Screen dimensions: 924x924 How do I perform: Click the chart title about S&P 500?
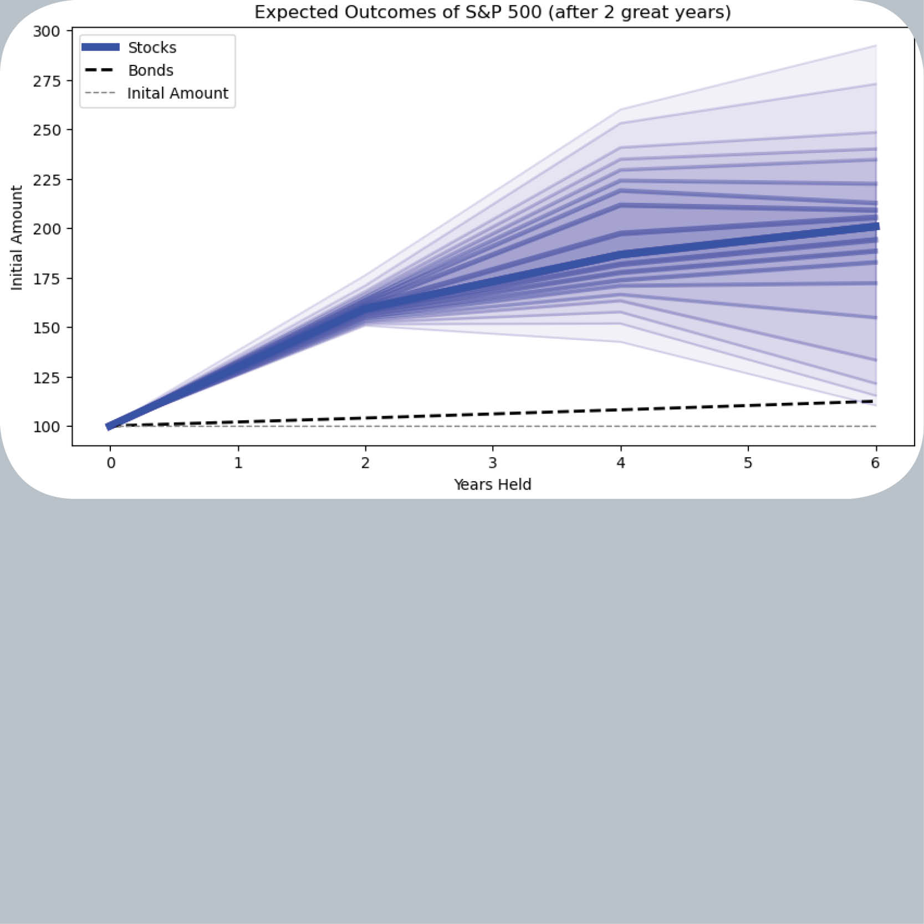pyautogui.click(x=492, y=12)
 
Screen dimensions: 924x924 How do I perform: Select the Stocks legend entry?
pyautogui.click(x=152, y=48)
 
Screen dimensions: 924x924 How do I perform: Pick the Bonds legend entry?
pyautogui.click(x=150, y=70)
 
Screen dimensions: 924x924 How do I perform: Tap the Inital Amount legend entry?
pyautogui.click(x=177, y=93)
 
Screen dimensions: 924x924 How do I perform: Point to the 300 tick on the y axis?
pyautogui.click(x=47, y=31)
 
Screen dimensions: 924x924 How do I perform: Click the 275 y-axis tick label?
pyautogui.click(x=47, y=81)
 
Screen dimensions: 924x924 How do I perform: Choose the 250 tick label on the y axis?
pyautogui.click(x=47, y=130)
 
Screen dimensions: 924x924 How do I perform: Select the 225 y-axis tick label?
pyautogui.click(x=47, y=180)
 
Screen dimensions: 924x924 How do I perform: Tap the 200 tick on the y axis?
pyautogui.click(x=47, y=229)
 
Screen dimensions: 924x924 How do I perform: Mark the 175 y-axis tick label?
pyautogui.click(x=47, y=278)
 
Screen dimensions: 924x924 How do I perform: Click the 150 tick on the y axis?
pyautogui.click(x=47, y=328)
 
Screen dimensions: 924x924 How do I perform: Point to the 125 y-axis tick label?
pyautogui.click(x=47, y=377)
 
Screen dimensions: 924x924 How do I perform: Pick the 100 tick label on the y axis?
pyautogui.click(x=47, y=427)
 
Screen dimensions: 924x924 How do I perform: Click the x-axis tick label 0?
pyautogui.click(x=111, y=463)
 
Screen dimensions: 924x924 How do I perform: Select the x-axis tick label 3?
pyautogui.click(x=493, y=463)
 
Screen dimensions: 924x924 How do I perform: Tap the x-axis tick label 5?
pyautogui.click(x=748, y=463)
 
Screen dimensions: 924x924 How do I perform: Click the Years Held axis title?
pyautogui.click(x=492, y=484)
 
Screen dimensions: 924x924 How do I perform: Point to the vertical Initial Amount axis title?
pyautogui.click(x=17, y=238)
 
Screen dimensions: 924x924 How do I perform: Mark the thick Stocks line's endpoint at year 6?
pyautogui.click(x=876, y=226)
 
